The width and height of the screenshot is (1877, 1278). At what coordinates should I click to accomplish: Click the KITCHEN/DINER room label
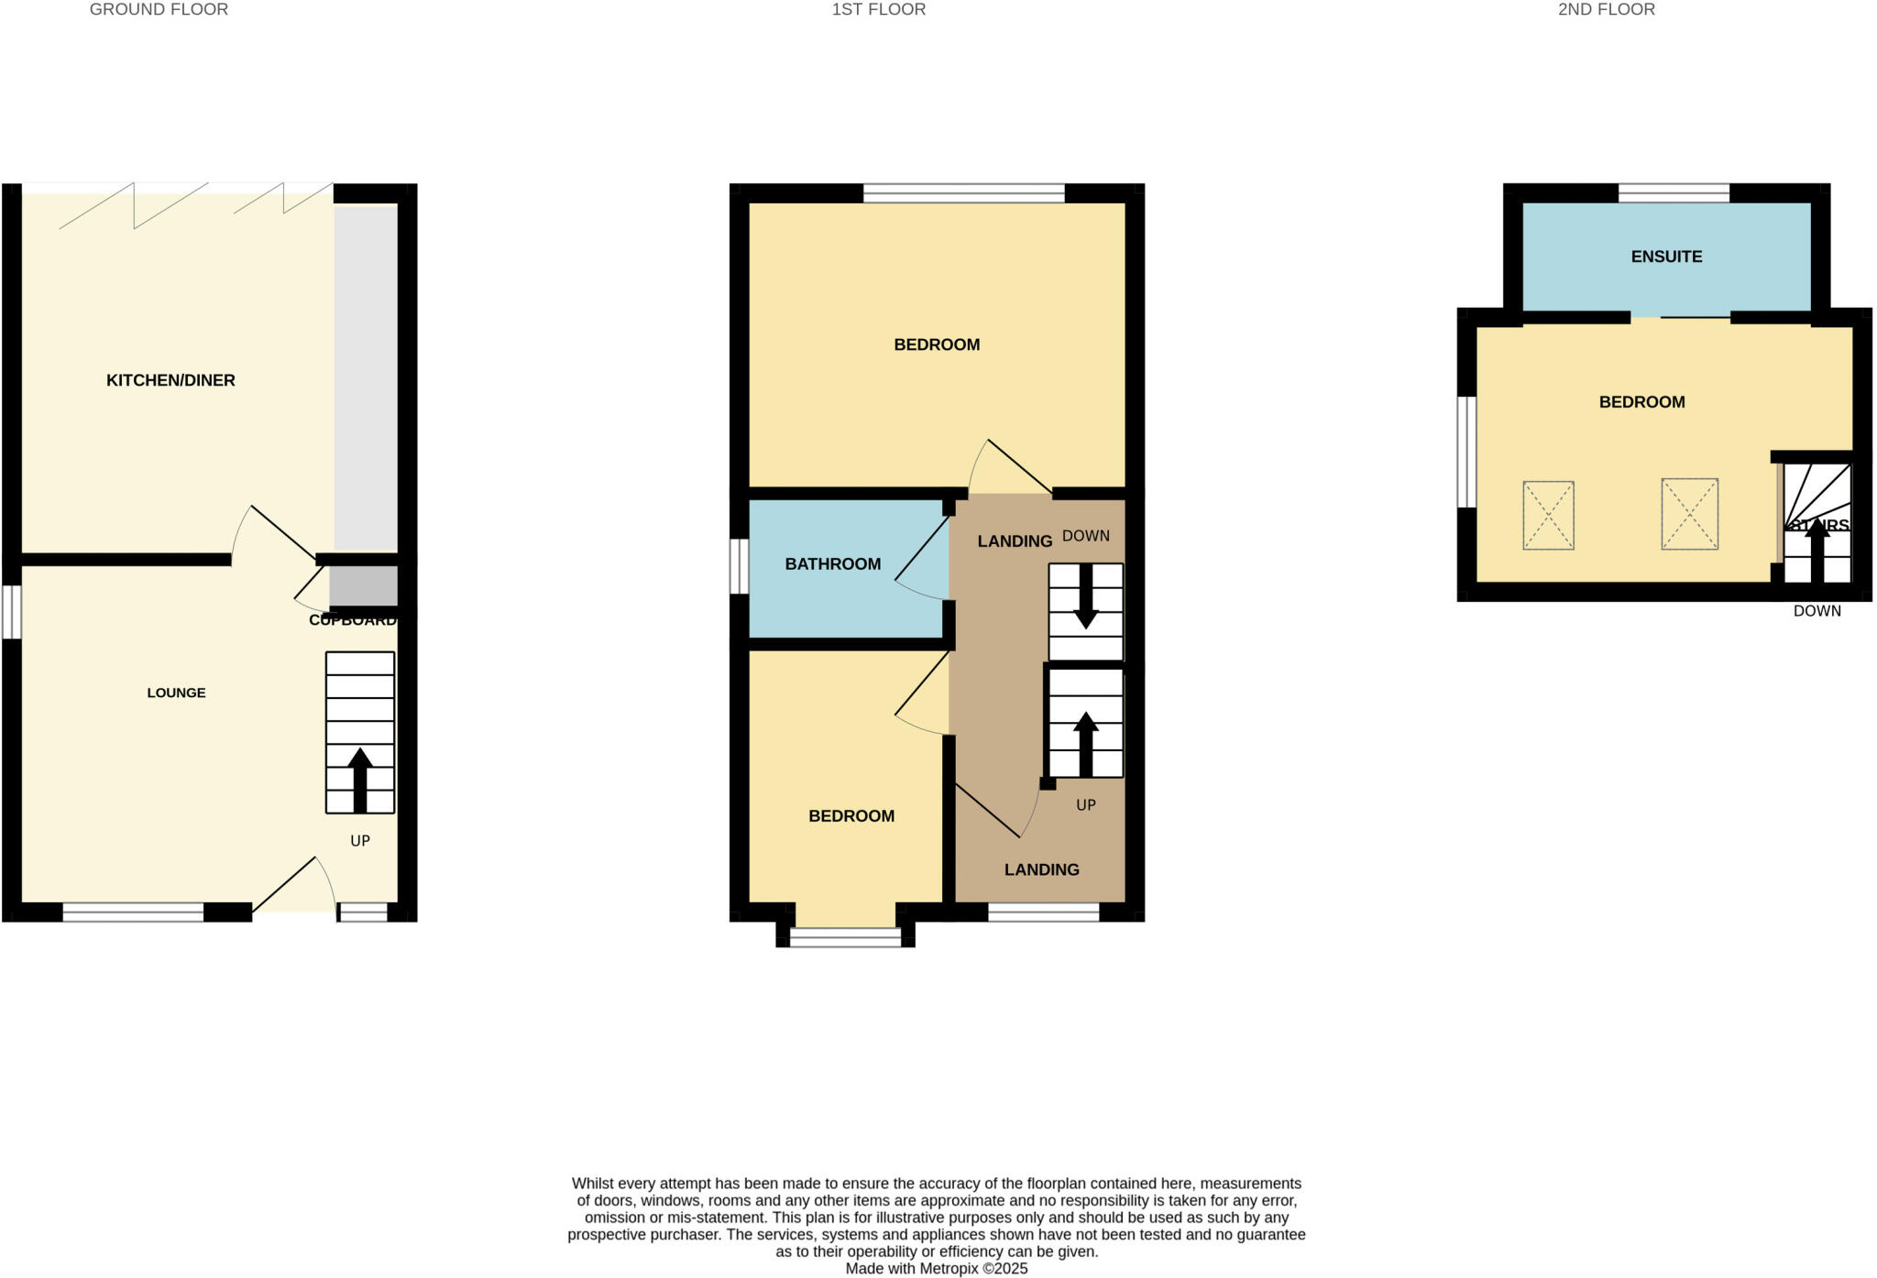170,380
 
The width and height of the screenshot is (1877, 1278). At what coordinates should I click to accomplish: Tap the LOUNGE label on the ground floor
176,693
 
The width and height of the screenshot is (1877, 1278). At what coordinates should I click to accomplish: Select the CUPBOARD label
353,620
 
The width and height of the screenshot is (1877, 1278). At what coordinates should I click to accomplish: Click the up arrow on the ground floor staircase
359,779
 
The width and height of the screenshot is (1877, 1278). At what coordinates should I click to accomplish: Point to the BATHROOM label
832,564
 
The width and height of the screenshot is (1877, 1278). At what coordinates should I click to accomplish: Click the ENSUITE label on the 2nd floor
1666,257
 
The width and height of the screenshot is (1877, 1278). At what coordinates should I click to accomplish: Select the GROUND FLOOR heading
159,10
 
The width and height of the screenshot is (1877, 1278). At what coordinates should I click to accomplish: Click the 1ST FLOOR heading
878,10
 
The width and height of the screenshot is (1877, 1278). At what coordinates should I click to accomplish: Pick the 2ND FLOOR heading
1606,10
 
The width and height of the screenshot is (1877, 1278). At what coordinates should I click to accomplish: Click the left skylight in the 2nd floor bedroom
1548,516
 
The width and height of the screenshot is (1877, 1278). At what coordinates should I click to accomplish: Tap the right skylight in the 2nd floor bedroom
1689,514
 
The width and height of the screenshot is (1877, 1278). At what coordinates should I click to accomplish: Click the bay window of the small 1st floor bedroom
845,937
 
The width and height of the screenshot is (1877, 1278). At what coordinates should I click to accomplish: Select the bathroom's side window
739,566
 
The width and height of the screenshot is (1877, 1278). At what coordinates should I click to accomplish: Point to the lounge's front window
133,912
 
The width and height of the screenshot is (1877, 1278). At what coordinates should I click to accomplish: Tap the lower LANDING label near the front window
1041,869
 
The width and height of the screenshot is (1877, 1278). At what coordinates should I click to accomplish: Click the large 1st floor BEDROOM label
937,344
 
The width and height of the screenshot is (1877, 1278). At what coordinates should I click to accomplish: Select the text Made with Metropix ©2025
936,1269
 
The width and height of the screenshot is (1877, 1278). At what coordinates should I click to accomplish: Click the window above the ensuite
1674,193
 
